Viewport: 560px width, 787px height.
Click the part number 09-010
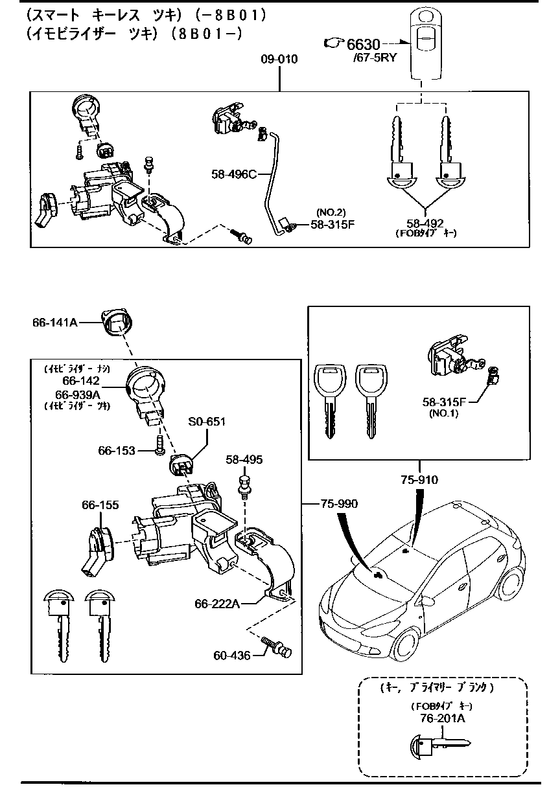(x=279, y=60)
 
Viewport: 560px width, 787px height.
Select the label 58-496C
(x=234, y=174)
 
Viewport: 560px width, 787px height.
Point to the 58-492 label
(x=425, y=223)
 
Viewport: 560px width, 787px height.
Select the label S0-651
(x=206, y=422)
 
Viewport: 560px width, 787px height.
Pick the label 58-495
(x=244, y=459)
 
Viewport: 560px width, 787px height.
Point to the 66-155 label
(x=100, y=505)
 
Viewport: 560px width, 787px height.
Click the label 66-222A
(x=218, y=604)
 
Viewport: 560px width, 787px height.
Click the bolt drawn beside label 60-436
(x=277, y=646)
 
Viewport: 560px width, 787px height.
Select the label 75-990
(x=338, y=503)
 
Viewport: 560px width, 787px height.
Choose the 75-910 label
(x=419, y=480)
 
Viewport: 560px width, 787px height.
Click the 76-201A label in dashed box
(x=441, y=718)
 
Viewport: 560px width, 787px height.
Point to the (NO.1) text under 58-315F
(x=443, y=413)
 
